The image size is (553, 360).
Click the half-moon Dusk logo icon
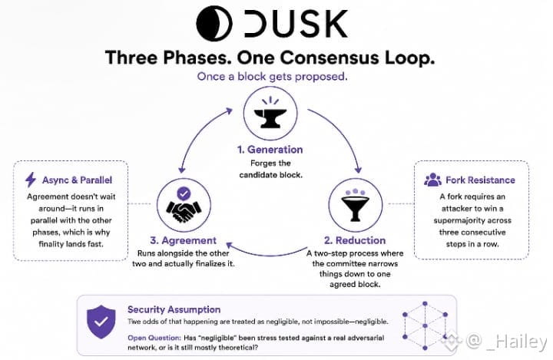coord(214,24)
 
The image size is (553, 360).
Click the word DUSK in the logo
coord(296,24)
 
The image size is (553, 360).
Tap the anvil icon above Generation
coord(270,113)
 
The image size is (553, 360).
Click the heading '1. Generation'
coord(270,150)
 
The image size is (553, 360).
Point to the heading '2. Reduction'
coord(355,240)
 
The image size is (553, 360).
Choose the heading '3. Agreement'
coord(183,240)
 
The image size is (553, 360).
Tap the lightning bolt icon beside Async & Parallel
coord(31,180)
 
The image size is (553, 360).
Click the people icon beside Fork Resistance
coord(432,180)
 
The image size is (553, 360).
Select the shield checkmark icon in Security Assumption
coord(101,322)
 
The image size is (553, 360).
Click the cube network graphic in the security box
coord(425,325)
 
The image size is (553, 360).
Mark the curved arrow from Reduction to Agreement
coord(267,254)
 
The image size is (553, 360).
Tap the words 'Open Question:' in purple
coord(154,338)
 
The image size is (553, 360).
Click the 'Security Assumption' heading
coord(174,309)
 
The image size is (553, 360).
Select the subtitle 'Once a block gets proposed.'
coord(272,77)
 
